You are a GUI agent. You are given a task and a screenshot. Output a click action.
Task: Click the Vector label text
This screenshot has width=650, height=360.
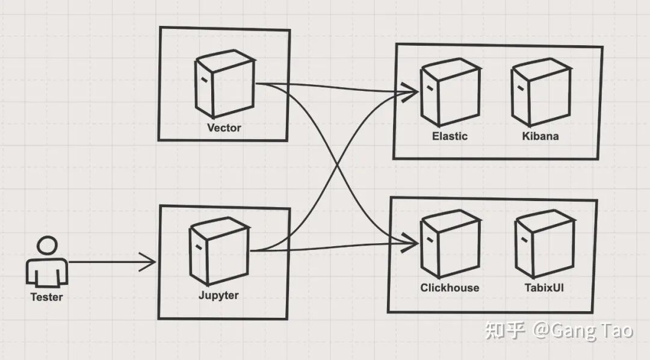pos(224,128)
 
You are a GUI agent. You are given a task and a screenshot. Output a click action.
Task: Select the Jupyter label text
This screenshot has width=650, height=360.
pos(218,295)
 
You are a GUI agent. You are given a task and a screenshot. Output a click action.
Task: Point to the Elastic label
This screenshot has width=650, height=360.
pos(450,136)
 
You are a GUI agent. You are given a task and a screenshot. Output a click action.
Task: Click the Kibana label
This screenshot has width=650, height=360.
pos(540,136)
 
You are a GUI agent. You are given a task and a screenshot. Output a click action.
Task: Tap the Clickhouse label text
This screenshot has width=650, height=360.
pos(450,288)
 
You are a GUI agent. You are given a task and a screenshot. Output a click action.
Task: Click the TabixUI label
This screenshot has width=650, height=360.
pos(544,288)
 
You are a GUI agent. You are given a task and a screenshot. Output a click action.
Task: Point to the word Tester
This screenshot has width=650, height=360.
pos(46,297)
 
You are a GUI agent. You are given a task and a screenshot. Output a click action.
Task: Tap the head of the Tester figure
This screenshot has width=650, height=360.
pos(47,246)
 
